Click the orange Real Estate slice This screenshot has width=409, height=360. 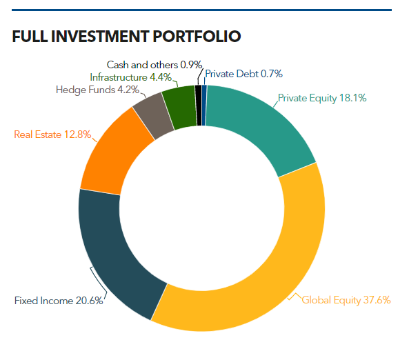click(114, 155)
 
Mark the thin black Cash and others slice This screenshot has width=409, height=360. click(199, 104)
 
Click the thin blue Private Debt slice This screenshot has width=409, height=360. click(204, 104)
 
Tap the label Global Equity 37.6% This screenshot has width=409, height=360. click(346, 300)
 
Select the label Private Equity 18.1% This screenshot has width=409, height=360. click(321, 98)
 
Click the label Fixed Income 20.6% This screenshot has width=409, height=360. click(59, 301)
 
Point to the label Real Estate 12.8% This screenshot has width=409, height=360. click(52, 134)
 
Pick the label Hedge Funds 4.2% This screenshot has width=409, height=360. click(97, 89)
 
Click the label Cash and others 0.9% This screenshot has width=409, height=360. click(154, 65)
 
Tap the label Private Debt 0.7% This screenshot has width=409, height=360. click(244, 74)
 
